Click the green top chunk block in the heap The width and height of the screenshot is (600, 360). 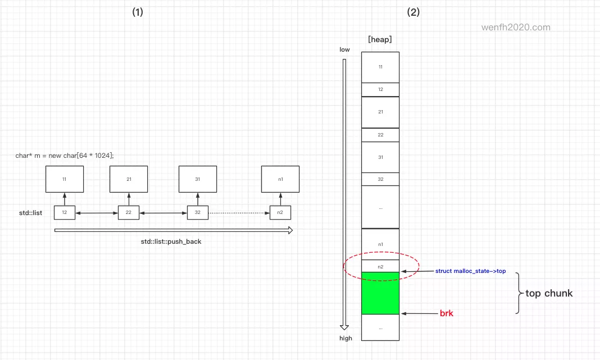(x=380, y=293)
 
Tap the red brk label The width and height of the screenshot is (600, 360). (x=446, y=313)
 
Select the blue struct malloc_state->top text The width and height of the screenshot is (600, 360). (x=470, y=271)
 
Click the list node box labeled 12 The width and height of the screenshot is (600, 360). (x=65, y=212)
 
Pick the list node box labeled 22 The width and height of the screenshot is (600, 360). (x=129, y=212)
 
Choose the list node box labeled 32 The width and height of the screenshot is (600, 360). (x=198, y=212)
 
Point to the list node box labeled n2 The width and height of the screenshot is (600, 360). (x=280, y=212)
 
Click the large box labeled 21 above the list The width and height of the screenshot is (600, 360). (x=129, y=179)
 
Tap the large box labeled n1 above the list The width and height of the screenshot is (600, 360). (x=280, y=179)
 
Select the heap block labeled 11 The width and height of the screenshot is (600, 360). (x=380, y=67)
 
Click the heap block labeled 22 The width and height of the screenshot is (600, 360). (x=380, y=135)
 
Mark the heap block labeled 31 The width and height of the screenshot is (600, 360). (x=380, y=157)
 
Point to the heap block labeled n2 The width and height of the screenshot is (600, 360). (x=380, y=266)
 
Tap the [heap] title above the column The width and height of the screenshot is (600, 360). (x=380, y=39)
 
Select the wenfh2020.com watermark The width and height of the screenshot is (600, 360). (x=516, y=27)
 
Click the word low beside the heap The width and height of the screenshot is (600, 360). (x=344, y=49)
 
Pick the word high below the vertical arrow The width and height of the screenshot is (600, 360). (x=346, y=338)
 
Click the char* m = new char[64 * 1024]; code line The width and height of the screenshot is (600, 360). (x=65, y=155)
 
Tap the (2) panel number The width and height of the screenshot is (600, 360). (x=413, y=12)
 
